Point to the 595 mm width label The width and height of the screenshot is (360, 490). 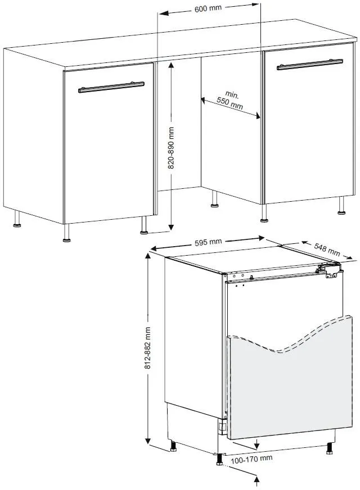point(208,242)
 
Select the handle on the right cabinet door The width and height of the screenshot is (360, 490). point(309,64)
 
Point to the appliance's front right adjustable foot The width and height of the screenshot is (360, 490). point(329,448)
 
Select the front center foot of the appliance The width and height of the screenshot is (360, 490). point(218,459)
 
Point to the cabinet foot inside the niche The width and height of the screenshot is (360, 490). point(215,201)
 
